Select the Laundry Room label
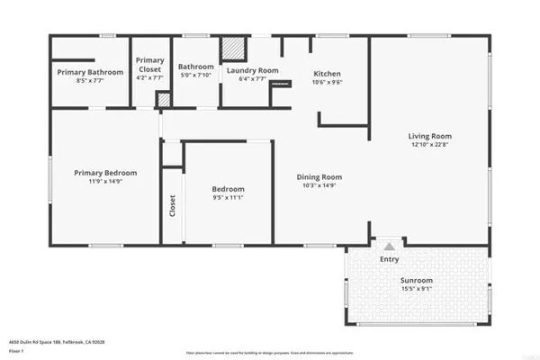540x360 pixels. coord(252,70)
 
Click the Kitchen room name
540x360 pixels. coord(326,74)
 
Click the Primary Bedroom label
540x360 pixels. coord(105,173)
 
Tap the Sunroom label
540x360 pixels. coord(416,281)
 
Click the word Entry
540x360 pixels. coord(389,259)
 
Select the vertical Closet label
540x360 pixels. coord(172,206)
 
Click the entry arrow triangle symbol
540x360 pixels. coord(389,246)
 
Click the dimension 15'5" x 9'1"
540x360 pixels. coord(416,290)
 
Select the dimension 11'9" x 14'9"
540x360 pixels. coord(105,182)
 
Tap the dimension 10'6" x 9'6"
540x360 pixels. coord(326,82)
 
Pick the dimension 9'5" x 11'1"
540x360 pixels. coord(228,198)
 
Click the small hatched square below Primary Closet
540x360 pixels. coord(163,100)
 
